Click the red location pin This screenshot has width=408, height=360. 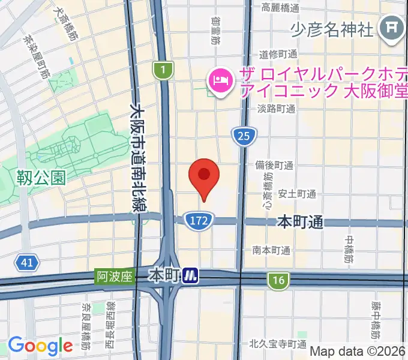click(204, 176)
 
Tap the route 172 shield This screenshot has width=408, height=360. click(197, 220)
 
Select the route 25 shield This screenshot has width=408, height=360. click(243, 137)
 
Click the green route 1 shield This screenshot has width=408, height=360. click(162, 71)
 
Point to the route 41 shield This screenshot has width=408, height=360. click(26, 263)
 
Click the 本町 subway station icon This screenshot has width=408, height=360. click(191, 277)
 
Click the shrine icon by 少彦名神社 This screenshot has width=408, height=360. click(392, 28)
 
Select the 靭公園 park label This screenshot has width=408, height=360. click(41, 177)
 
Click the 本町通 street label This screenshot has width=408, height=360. click(300, 222)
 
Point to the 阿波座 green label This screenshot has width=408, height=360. click(113, 277)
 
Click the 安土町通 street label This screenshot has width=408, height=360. click(297, 194)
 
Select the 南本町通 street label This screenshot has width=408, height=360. click(271, 250)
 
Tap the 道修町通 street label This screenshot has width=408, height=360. click(278, 54)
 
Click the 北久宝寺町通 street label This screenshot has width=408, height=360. click(279, 344)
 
